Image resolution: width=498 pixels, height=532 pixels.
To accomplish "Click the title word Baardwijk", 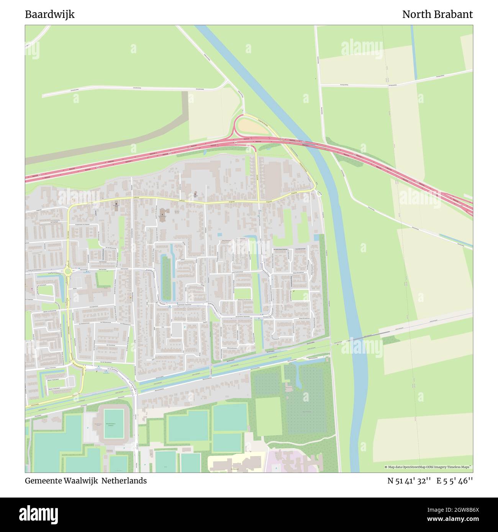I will click(x=50, y=15).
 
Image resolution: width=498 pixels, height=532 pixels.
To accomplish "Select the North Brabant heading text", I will click(x=437, y=15).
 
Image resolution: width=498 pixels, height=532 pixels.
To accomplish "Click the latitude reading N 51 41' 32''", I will click(x=409, y=481).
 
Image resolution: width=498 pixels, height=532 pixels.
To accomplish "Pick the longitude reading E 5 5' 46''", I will click(x=455, y=481).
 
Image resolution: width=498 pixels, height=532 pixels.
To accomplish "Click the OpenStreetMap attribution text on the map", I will click(x=428, y=467).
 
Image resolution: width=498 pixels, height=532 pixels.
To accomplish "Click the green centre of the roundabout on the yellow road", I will click(x=68, y=272).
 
